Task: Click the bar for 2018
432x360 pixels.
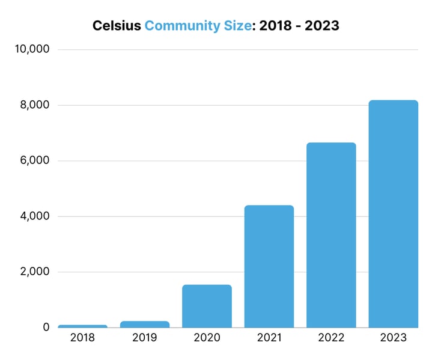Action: pyautogui.click(x=82, y=326)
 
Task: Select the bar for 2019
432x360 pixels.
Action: pyautogui.click(x=144, y=324)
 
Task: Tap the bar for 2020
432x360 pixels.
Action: pyautogui.click(x=207, y=306)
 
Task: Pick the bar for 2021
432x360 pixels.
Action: pyautogui.click(x=269, y=266)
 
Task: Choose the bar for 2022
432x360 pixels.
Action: pyautogui.click(x=331, y=235)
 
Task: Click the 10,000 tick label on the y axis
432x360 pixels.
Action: pyautogui.click(x=31, y=49)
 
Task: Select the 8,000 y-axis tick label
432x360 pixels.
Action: pyautogui.click(x=34, y=105)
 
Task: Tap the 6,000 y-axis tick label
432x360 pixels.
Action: pyautogui.click(x=34, y=160)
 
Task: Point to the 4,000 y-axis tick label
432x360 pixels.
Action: pyautogui.click(x=34, y=216)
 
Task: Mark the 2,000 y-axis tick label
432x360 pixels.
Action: pyautogui.click(x=34, y=272)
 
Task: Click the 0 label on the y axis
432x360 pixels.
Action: pyautogui.click(x=45, y=328)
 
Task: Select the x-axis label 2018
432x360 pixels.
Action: pyautogui.click(x=82, y=338)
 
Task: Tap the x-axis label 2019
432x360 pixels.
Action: pyautogui.click(x=144, y=338)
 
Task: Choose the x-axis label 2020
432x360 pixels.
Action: pyautogui.click(x=207, y=338)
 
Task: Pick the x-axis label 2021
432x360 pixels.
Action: pyautogui.click(x=269, y=338)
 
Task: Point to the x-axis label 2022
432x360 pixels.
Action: pyautogui.click(x=331, y=338)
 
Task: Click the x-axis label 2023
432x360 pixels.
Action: pyautogui.click(x=393, y=338)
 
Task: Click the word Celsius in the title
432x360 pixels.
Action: pyautogui.click(x=117, y=26)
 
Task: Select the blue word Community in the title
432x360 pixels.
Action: pyautogui.click(x=183, y=26)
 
